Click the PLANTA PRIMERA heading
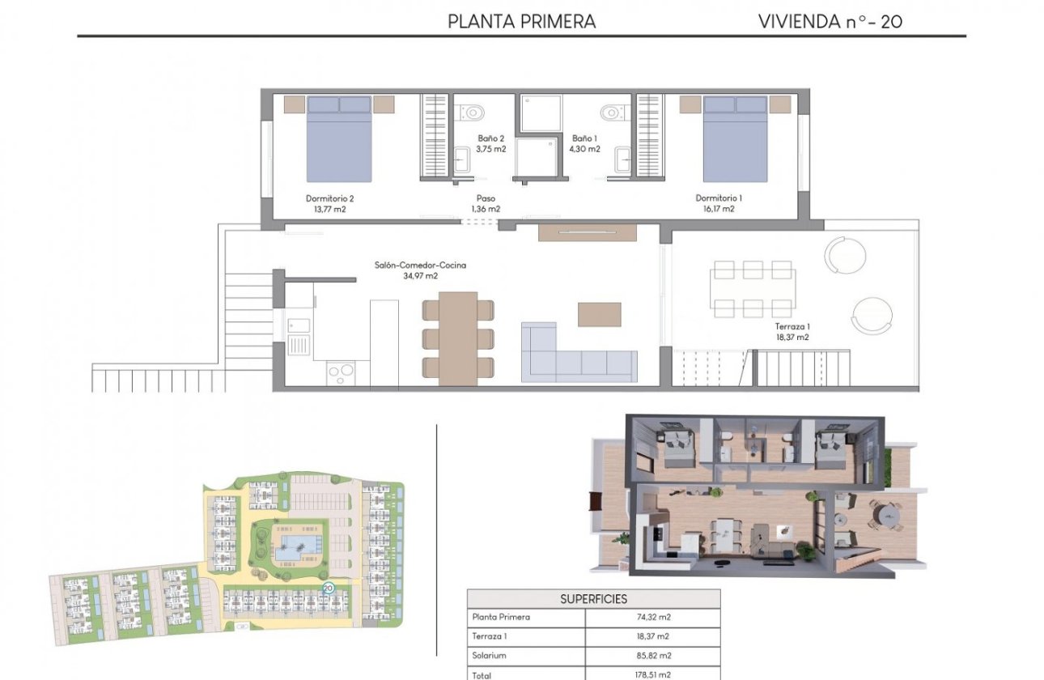pyautogui.click(x=521, y=22)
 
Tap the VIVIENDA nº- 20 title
pyautogui.click(x=830, y=22)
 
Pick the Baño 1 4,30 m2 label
pyautogui.click(x=585, y=143)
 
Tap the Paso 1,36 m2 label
pyautogui.click(x=486, y=203)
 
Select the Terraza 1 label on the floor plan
pyautogui.click(x=791, y=332)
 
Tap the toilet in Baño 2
pyautogui.click(x=472, y=111)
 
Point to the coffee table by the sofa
pyautogui.click(x=599, y=314)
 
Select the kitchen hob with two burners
pyautogui.click(x=340, y=373)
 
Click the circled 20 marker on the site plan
pyautogui.click(x=328, y=589)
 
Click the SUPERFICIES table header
pyautogui.click(x=593, y=599)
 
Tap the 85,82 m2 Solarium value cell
pyautogui.click(x=652, y=656)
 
